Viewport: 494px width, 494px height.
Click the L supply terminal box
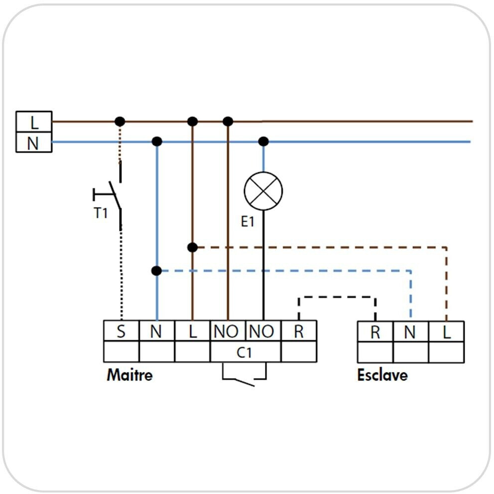(34, 121)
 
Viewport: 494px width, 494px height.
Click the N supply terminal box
(34, 142)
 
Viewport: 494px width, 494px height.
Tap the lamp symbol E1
(263, 191)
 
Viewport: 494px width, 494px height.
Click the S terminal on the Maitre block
(121, 331)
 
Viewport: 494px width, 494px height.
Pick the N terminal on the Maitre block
(157, 331)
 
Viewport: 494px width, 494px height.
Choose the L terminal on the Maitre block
(193, 331)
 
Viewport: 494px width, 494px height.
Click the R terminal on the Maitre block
(299, 331)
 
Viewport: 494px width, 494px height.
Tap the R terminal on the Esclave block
(375, 331)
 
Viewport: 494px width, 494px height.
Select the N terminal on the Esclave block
(410, 331)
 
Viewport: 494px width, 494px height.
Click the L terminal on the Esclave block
(446, 331)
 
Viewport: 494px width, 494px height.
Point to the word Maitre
(129, 374)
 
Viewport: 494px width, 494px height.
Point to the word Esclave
(382, 374)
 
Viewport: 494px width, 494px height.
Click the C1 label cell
(245, 352)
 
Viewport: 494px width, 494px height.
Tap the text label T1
(101, 213)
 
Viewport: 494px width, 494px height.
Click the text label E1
(248, 222)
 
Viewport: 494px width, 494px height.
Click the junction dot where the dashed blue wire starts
(156, 271)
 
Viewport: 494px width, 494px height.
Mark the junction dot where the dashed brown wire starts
(193, 247)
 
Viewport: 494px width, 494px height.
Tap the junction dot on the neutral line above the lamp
(263, 141)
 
